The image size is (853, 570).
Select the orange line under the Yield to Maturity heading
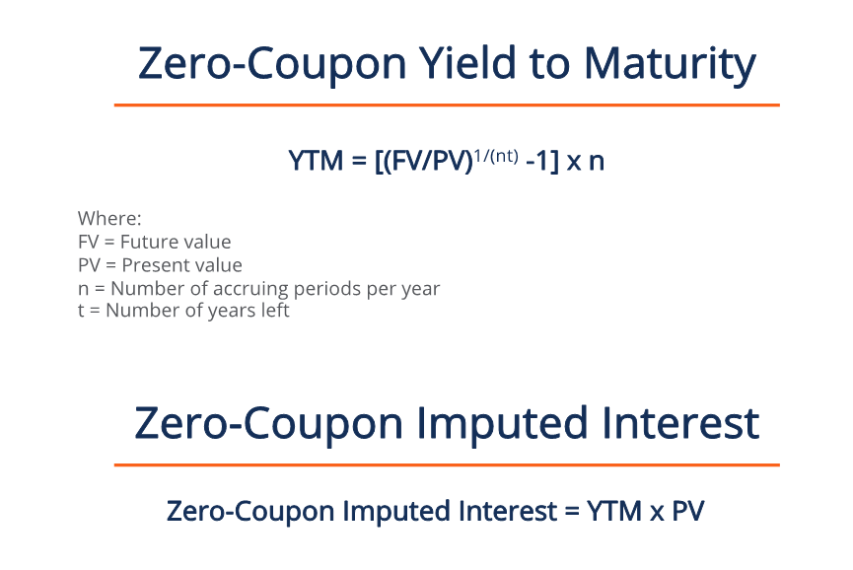pos(447,105)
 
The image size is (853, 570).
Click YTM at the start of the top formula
pos(314,161)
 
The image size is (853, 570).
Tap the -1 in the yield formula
pos(539,161)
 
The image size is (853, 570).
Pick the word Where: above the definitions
pos(109,218)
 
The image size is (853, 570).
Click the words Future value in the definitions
pos(175,242)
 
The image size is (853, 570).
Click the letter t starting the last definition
pos(80,312)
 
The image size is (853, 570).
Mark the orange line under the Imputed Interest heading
pos(447,464)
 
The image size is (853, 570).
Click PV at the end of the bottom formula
pos(687,512)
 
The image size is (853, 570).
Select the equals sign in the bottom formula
pos(568,513)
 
